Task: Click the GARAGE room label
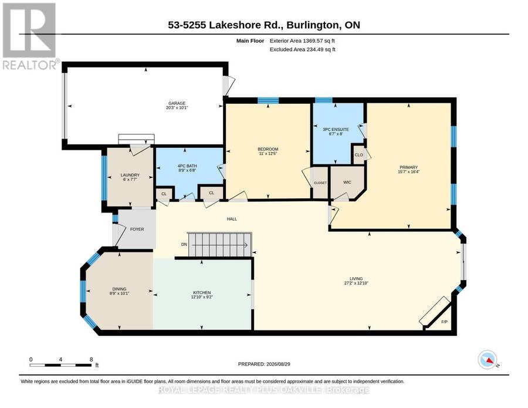[177, 103]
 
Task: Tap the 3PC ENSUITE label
[336, 129]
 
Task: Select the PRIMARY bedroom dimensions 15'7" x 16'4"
[408, 171]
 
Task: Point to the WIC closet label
[347, 182]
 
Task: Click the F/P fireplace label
[445, 322]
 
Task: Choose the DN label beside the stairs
[184, 245]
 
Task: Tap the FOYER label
[137, 229]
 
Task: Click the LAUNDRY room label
[130, 175]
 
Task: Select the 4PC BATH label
[187, 166]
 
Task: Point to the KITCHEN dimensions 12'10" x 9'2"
[202, 297]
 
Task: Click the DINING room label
[119, 289]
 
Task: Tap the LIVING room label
[356, 279]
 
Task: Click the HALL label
[232, 219]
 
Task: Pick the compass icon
[488, 360]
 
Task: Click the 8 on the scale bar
[92, 359]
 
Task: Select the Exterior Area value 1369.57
[313, 41]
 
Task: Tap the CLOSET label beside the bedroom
[320, 183]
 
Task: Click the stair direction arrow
[219, 245]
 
